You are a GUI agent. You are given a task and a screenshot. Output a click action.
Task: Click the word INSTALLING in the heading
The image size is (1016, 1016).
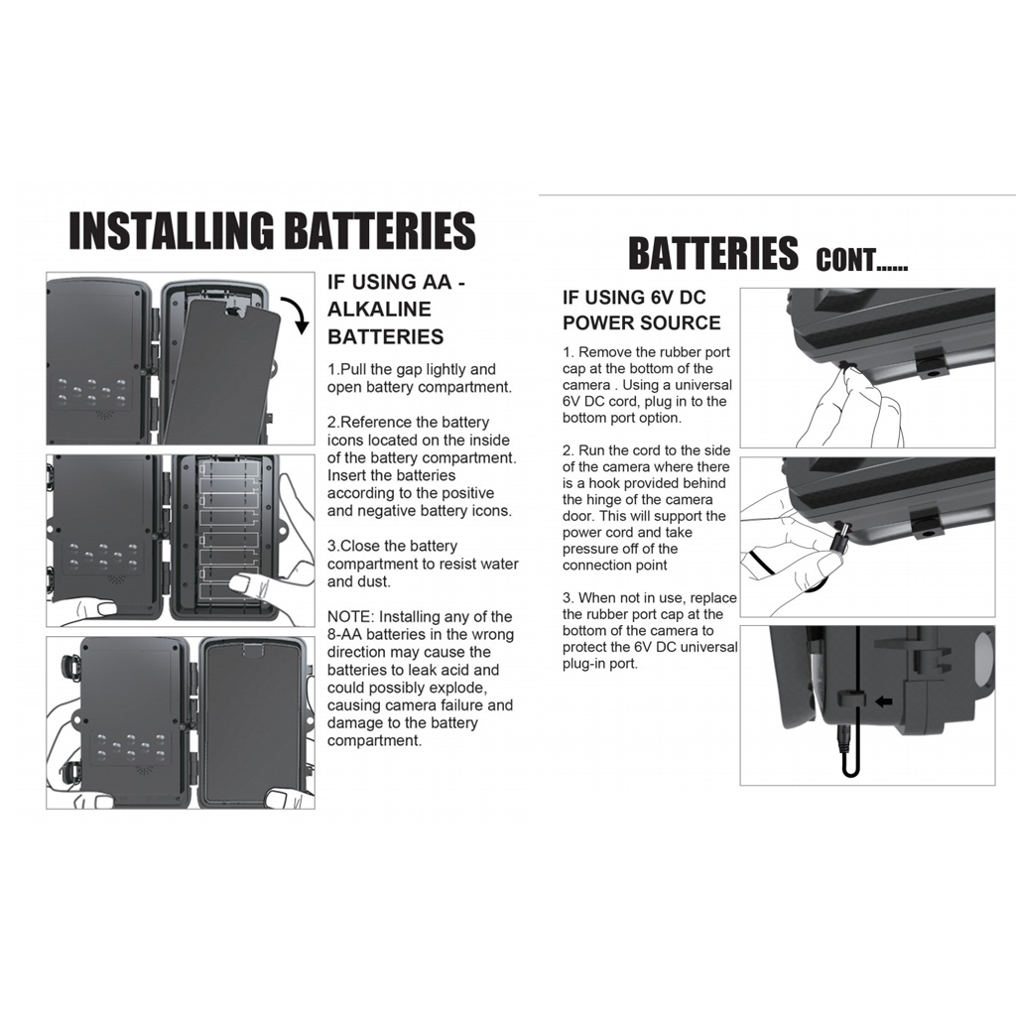(171, 230)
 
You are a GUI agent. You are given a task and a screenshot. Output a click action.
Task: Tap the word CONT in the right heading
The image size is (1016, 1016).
(845, 260)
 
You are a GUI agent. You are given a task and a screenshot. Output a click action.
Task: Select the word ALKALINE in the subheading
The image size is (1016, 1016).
(379, 310)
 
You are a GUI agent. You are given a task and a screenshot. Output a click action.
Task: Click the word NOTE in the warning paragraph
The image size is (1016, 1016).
(348, 617)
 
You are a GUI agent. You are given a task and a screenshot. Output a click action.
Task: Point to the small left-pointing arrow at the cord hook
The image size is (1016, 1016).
(883, 701)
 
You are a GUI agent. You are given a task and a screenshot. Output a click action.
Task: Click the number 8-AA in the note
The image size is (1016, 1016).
(344, 634)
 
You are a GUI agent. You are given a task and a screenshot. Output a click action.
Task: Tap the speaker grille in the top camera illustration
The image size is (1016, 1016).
(103, 414)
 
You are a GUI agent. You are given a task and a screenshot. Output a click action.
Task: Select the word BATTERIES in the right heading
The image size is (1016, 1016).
(712, 253)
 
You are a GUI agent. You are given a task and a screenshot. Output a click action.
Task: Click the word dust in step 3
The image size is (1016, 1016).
(374, 581)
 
